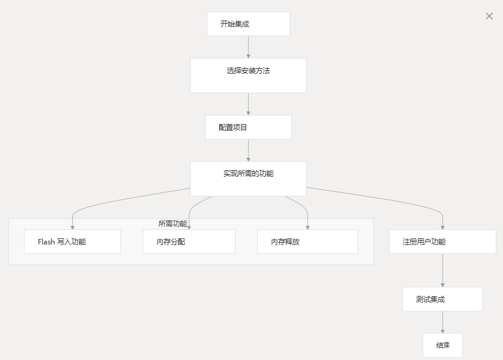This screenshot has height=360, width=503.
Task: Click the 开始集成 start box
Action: point(248,24)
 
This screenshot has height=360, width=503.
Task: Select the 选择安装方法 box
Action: point(248,75)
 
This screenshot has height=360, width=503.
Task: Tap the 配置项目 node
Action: point(248,127)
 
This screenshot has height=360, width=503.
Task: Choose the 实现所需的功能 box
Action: point(248,178)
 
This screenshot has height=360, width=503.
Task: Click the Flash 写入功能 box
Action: point(72,241)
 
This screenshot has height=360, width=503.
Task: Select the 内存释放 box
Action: point(307,241)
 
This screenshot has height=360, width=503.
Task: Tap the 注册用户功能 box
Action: point(442,241)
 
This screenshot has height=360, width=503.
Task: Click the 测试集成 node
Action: point(442,299)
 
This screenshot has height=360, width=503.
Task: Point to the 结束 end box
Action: point(442,345)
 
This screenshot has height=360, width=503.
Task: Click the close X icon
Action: point(489,16)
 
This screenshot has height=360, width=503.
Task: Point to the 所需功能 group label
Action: point(173,223)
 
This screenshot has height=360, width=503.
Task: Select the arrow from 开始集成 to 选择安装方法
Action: point(248,47)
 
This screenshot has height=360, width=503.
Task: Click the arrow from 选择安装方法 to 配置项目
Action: point(248,103)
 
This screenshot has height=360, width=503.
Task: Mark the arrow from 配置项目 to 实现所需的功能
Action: point(248,150)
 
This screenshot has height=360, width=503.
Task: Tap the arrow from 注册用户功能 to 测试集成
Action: point(442,270)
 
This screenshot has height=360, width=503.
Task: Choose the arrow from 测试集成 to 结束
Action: point(442,322)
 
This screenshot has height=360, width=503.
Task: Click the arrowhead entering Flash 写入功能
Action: point(72,227)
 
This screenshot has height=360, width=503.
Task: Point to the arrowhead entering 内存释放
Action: point(307,227)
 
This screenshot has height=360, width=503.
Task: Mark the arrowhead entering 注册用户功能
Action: point(442,227)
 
